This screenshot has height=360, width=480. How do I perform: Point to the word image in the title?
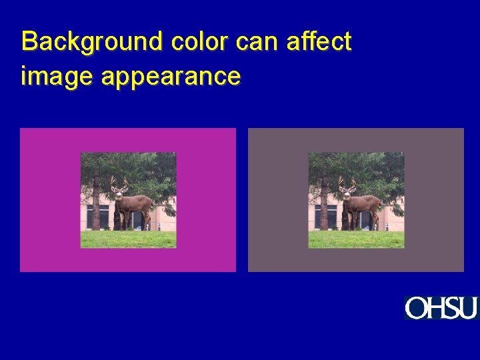[x=57, y=76]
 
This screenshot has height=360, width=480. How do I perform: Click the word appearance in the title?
[x=171, y=76]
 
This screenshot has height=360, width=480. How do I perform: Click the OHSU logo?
[x=441, y=308]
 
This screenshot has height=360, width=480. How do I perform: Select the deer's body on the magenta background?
[x=137, y=203]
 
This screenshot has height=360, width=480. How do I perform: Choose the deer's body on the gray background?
[x=365, y=203]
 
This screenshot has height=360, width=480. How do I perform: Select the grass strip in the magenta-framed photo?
[x=128, y=239]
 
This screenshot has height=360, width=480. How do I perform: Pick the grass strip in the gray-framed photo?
[x=356, y=239]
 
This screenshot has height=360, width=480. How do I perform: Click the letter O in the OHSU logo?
[x=415, y=308]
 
